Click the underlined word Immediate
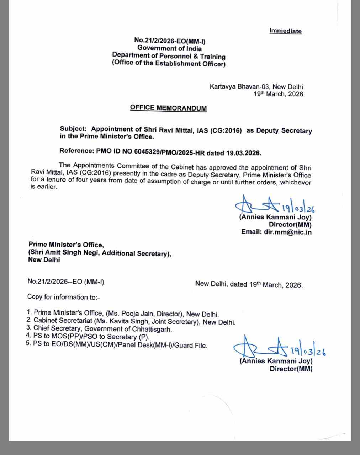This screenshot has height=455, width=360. (x=285, y=31)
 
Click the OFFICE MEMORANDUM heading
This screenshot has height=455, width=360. (x=168, y=108)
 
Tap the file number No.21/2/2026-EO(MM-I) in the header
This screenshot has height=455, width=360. (x=170, y=41)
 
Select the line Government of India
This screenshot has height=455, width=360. (x=170, y=48)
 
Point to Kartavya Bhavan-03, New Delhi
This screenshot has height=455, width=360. (x=256, y=86)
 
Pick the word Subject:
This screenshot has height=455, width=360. (x=73, y=129)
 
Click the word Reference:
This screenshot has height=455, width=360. (x=76, y=151)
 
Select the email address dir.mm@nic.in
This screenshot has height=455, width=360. (x=288, y=232)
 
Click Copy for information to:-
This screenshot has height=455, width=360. (x=63, y=297)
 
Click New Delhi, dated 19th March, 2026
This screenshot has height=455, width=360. (x=249, y=284)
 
